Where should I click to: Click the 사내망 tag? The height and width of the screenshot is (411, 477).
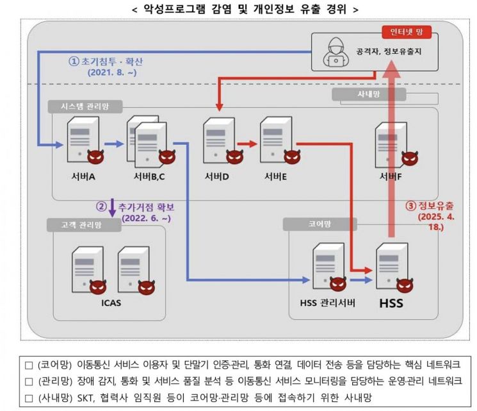point(368,94)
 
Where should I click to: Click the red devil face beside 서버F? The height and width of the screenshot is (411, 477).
point(407,157)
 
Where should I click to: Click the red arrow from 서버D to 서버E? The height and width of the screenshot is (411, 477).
point(246,144)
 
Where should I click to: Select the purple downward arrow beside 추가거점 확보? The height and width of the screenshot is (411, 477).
point(113,207)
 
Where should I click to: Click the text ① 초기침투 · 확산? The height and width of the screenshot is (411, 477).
point(107,62)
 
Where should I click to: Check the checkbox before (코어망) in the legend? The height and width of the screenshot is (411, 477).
point(28,364)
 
